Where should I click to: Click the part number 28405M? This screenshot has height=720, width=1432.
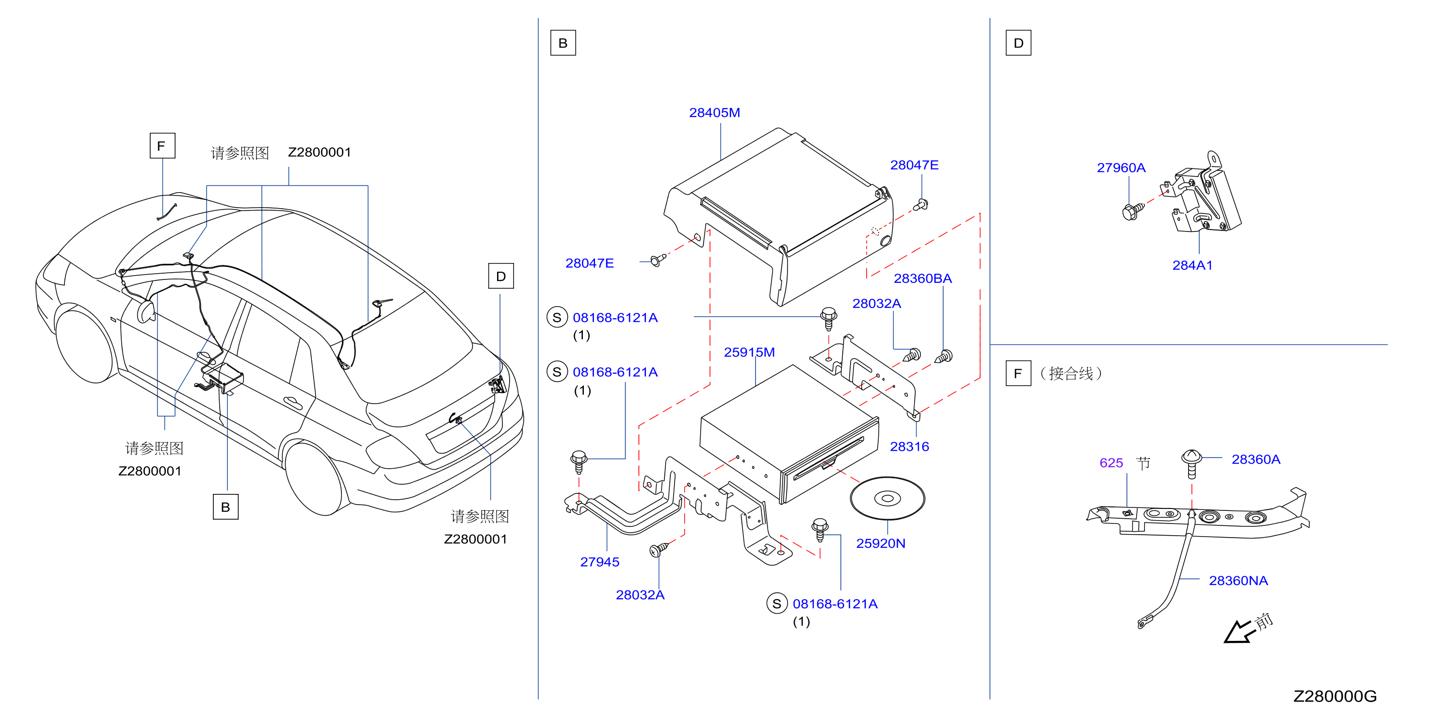tap(714, 113)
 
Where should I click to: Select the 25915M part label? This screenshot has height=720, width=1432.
tap(749, 353)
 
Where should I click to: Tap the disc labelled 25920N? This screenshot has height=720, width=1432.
tap(887, 498)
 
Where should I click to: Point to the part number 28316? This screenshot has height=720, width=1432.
tap(909, 446)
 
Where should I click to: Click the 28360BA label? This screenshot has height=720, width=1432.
tap(922, 278)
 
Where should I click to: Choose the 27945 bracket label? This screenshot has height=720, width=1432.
tap(599, 562)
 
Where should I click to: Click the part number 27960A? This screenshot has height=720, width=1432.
tap(1121, 168)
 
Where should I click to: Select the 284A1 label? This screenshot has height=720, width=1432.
tap(1192, 266)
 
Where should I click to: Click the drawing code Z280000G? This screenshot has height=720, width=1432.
tap(1335, 696)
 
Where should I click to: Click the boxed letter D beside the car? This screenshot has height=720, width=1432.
tap(500, 277)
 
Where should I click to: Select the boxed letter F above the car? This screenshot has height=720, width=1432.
tap(162, 146)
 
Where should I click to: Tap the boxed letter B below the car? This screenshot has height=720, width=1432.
tap(225, 507)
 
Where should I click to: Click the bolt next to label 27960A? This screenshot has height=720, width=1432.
tap(1133, 211)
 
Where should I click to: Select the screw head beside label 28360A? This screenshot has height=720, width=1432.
tap(1191, 458)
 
